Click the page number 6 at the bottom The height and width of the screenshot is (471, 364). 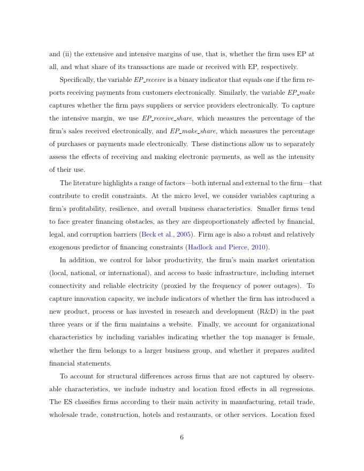(x=181, y=437)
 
